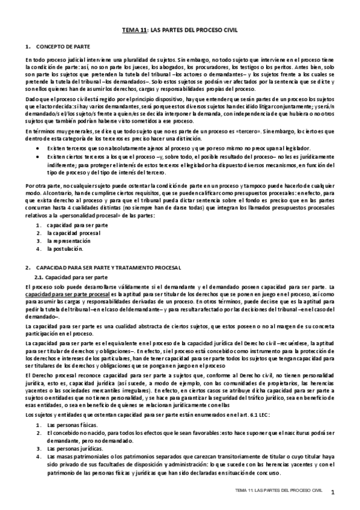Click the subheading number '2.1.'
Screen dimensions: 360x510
coord(40,277)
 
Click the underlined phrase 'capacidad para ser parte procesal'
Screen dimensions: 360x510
coord(67,296)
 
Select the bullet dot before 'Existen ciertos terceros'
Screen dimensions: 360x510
coord(40,156)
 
